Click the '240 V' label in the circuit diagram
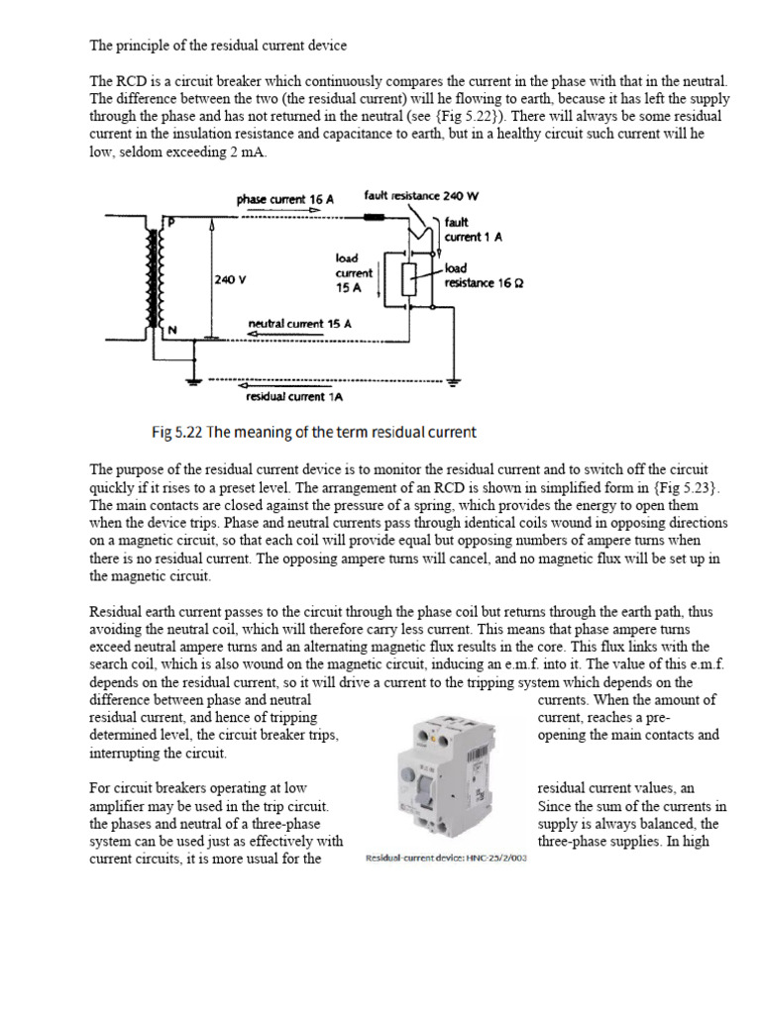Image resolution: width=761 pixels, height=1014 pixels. (x=230, y=279)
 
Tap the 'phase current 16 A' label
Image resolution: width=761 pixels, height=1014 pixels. (x=285, y=199)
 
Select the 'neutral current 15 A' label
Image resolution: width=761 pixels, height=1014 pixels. (x=299, y=324)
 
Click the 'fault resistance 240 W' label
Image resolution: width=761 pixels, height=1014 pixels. (x=414, y=196)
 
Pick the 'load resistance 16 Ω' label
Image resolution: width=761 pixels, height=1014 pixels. (x=483, y=275)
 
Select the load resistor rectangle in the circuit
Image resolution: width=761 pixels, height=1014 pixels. (x=408, y=280)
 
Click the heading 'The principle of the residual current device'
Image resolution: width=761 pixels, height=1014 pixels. (x=218, y=46)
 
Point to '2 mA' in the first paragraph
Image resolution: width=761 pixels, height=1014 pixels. (x=247, y=152)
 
